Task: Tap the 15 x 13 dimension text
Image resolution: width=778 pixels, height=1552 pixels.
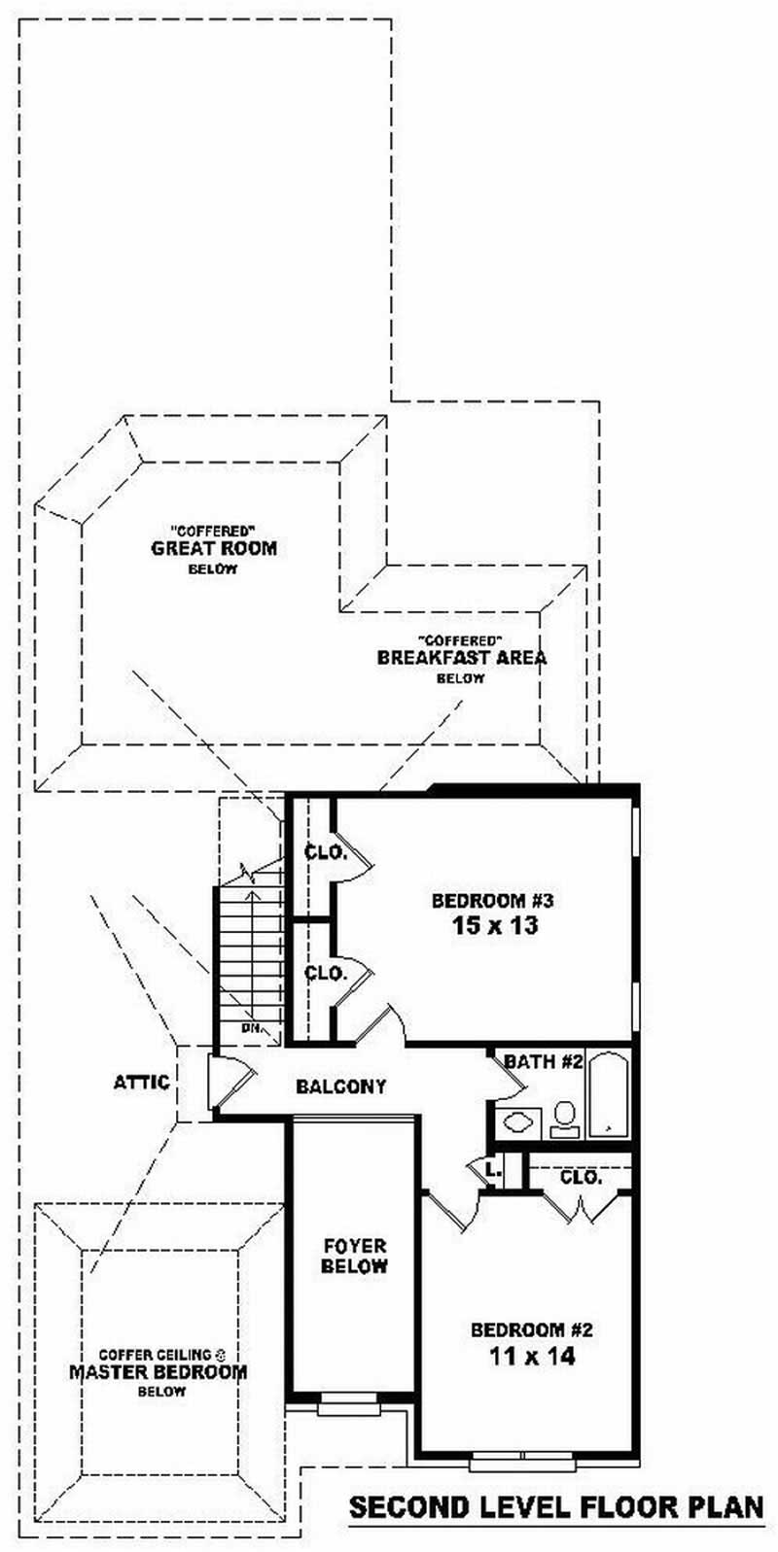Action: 494,925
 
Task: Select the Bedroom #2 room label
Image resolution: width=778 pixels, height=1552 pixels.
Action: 531,1329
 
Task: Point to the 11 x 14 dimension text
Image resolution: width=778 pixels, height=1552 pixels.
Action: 531,1356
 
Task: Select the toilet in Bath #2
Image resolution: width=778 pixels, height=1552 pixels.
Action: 564,1118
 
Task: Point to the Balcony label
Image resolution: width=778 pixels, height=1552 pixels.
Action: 340,1086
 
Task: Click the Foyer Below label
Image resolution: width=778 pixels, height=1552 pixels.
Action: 354,1256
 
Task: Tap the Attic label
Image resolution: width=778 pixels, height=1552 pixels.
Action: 142,1082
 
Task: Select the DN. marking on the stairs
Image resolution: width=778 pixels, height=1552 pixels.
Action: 250,1026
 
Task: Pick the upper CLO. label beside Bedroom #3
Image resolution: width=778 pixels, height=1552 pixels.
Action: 325,852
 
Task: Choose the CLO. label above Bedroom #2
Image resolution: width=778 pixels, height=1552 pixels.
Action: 581,1177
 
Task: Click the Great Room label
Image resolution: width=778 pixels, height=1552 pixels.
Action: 213,548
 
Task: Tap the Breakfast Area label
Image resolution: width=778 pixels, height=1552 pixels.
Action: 461,657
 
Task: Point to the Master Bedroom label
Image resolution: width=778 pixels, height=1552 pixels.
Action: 158,1372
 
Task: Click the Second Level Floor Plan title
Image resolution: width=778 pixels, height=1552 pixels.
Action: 556,1507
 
